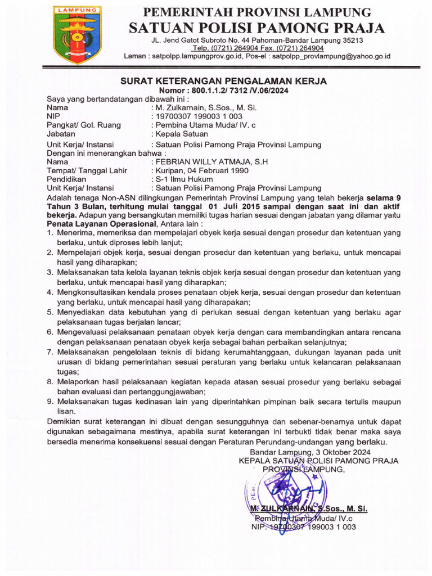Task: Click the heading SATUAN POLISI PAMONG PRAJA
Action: [x=258, y=28]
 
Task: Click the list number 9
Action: [x=50, y=402]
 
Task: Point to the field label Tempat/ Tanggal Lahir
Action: [x=87, y=170]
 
